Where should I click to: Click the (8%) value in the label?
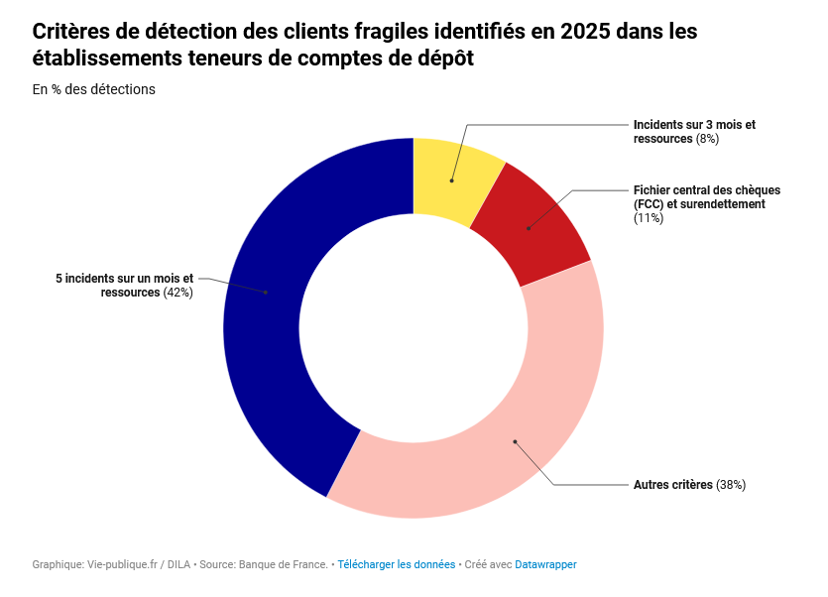[707, 139]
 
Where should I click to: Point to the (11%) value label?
[648, 218]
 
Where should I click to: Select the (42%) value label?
[177, 293]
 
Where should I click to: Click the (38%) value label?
[731, 485]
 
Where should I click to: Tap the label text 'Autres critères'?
[672, 485]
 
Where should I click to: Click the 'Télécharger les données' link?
[396, 565]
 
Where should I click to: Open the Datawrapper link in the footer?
[545, 565]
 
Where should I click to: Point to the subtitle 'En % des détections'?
[94, 89]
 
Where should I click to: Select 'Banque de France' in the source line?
[283, 565]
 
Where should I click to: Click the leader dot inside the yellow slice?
[451, 180]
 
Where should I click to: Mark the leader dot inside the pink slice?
[515, 441]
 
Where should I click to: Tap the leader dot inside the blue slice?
[266, 293]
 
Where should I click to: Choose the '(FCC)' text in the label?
[649, 204]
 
